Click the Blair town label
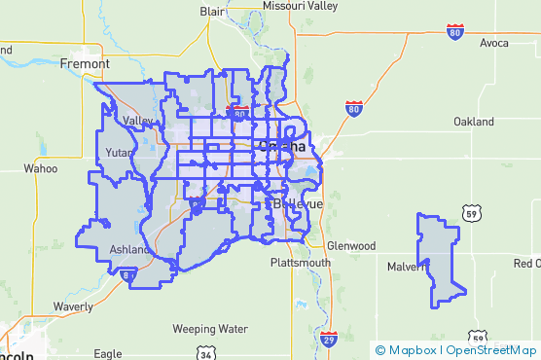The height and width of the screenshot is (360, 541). click(x=213, y=11)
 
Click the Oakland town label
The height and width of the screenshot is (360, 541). click(x=474, y=122)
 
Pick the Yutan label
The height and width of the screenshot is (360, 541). click(x=120, y=153)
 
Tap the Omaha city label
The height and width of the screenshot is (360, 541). click(x=282, y=147)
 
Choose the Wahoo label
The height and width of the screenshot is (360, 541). click(x=41, y=168)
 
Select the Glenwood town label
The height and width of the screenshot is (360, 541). click(x=351, y=246)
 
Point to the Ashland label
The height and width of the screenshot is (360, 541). click(x=129, y=249)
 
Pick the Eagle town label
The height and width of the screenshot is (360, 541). click(x=109, y=354)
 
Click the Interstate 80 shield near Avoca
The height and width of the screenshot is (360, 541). click(x=455, y=33)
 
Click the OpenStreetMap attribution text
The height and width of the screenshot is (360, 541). click(x=492, y=349)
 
